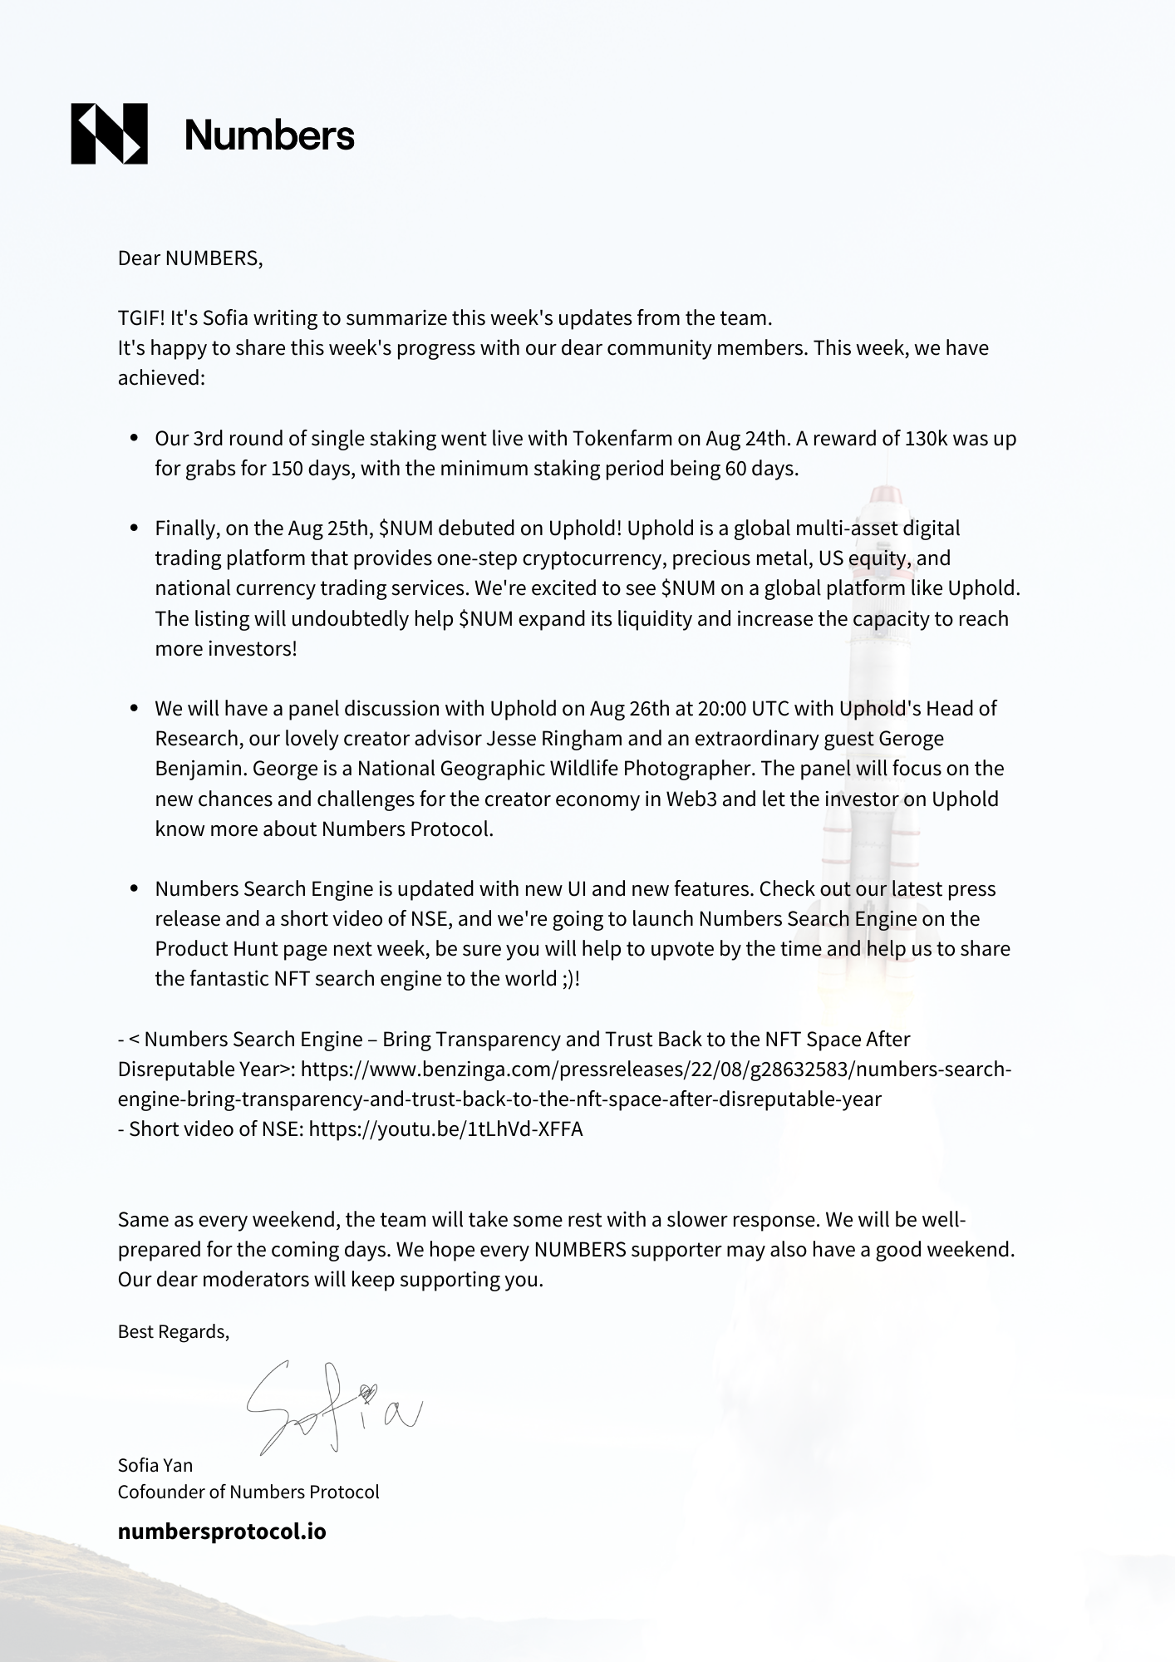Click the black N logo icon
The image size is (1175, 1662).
click(109, 134)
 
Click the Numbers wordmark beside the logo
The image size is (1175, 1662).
click(269, 135)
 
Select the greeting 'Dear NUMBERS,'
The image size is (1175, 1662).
click(190, 258)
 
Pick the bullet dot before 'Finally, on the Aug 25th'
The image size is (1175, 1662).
click(135, 529)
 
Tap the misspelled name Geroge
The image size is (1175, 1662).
click(912, 739)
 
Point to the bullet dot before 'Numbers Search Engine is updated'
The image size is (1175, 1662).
click(135, 889)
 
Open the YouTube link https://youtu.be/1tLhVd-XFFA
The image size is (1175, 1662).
click(445, 1129)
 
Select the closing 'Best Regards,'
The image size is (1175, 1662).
click(174, 1332)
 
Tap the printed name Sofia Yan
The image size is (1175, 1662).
click(155, 1465)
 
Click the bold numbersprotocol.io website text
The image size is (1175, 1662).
click(222, 1532)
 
